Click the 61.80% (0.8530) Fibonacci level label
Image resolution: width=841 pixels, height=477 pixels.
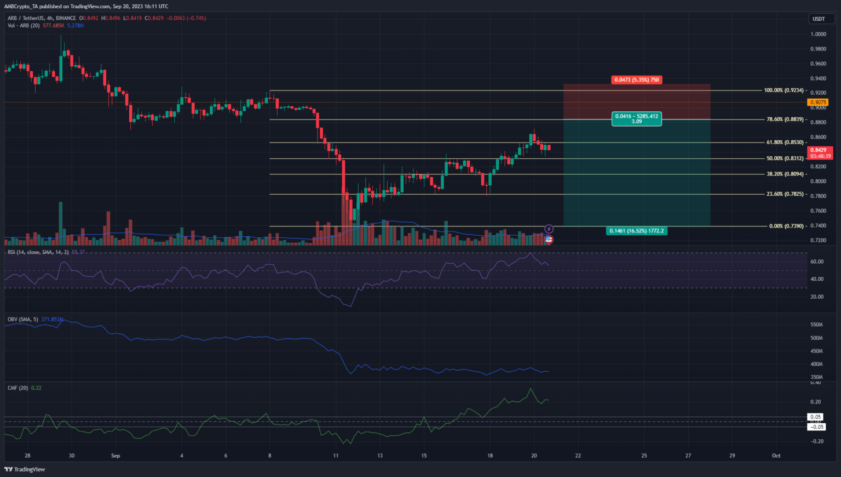tap(785, 143)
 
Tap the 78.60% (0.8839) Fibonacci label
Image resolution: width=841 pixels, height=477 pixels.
tap(785, 120)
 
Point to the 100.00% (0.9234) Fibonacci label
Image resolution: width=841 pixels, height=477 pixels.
tap(784, 90)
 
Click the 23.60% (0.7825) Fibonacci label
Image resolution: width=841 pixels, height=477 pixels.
tap(785, 194)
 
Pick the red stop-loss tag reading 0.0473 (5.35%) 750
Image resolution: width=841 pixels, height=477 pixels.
tap(636, 80)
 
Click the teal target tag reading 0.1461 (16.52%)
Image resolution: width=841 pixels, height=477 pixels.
tap(636, 231)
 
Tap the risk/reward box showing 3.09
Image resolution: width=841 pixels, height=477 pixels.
tap(636, 119)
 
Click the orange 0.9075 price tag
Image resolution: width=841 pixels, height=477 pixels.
tap(818, 102)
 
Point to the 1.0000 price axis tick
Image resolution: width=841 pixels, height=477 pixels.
tap(819, 34)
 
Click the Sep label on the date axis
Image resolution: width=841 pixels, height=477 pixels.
tap(116, 456)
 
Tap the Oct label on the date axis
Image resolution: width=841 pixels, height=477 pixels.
tap(776, 456)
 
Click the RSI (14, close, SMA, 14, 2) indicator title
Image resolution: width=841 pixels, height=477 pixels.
tap(38, 252)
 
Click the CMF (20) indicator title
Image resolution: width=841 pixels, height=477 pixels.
tap(18, 388)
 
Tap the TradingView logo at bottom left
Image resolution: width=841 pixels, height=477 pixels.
tap(25, 469)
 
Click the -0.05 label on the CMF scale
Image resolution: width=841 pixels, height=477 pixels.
tap(817, 427)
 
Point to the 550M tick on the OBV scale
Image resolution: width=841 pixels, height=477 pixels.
tap(816, 325)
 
